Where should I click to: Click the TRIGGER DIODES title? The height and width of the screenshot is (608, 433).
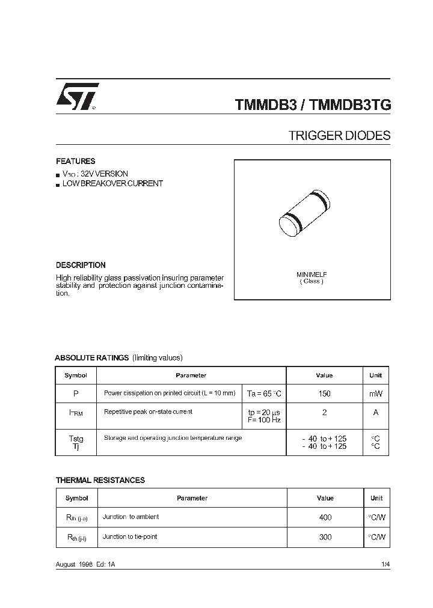[339, 136]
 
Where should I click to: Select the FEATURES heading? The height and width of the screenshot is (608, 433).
[75, 162]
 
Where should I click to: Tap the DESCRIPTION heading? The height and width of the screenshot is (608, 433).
[81, 265]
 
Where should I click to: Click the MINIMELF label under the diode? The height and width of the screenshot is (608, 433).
[312, 275]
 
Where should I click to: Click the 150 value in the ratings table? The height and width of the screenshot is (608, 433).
[325, 393]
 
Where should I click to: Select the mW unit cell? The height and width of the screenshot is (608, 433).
[375, 393]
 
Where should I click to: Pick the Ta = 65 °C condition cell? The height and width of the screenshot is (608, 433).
[264, 393]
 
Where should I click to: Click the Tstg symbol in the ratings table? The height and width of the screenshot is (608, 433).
[76, 439]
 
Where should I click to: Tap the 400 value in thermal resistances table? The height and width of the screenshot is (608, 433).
[325, 517]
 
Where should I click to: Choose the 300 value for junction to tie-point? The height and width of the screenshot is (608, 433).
[325, 537]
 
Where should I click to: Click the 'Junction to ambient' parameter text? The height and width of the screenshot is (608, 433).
[131, 517]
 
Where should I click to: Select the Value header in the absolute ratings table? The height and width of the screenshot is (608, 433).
[324, 375]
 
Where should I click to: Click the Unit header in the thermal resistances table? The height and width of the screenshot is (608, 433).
[376, 498]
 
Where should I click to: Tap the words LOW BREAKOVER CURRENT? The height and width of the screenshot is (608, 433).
[112, 184]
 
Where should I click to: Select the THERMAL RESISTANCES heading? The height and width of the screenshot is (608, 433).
[100, 480]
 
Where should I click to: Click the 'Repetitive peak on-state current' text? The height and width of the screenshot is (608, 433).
[148, 412]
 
